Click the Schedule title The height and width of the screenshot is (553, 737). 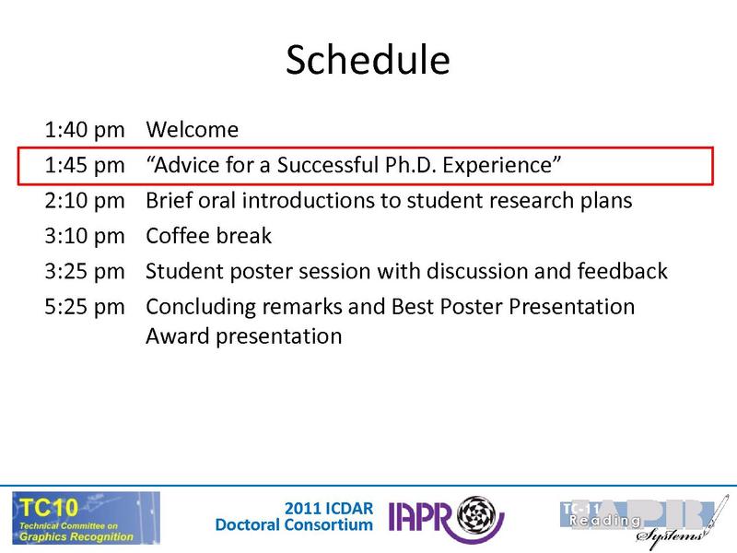pyautogui.click(x=368, y=61)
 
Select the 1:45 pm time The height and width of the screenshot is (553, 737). pyautogui.click(x=83, y=165)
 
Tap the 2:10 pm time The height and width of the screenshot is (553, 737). pyautogui.click(x=83, y=200)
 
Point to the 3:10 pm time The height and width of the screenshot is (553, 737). pyautogui.click(x=83, y=236)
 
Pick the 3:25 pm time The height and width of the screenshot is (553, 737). pyautogui.click(x=83, y=271)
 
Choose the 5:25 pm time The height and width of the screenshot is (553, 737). pyautogui.click(x=83, y=306)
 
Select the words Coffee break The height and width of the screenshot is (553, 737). pyautogui.click(x=209, y=236)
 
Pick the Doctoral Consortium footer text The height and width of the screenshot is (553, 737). pyautogui.click(x=294, y=525)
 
